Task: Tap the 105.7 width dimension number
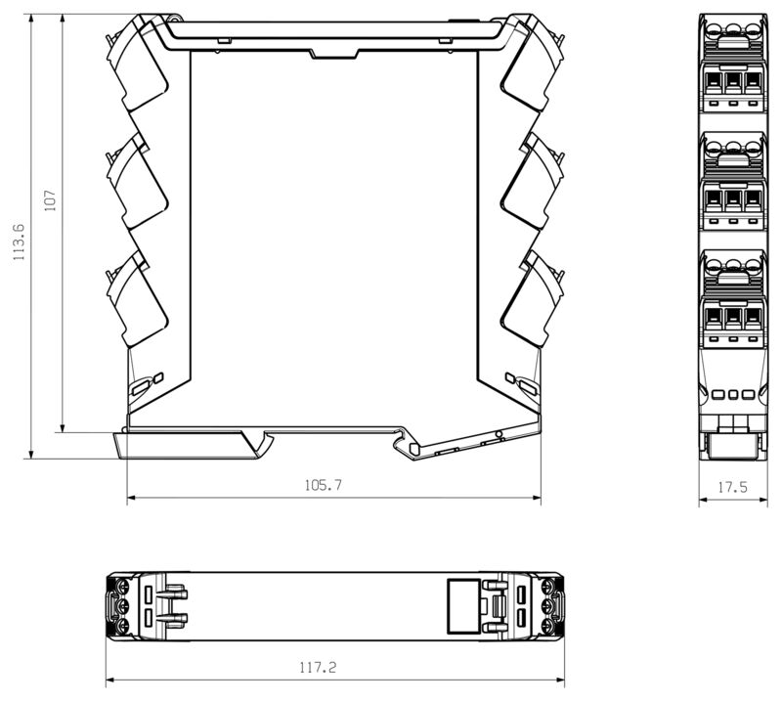point(325,485)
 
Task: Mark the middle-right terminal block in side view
point(534,183)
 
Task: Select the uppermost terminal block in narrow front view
point(731,68)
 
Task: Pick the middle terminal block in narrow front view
point(731,186)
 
